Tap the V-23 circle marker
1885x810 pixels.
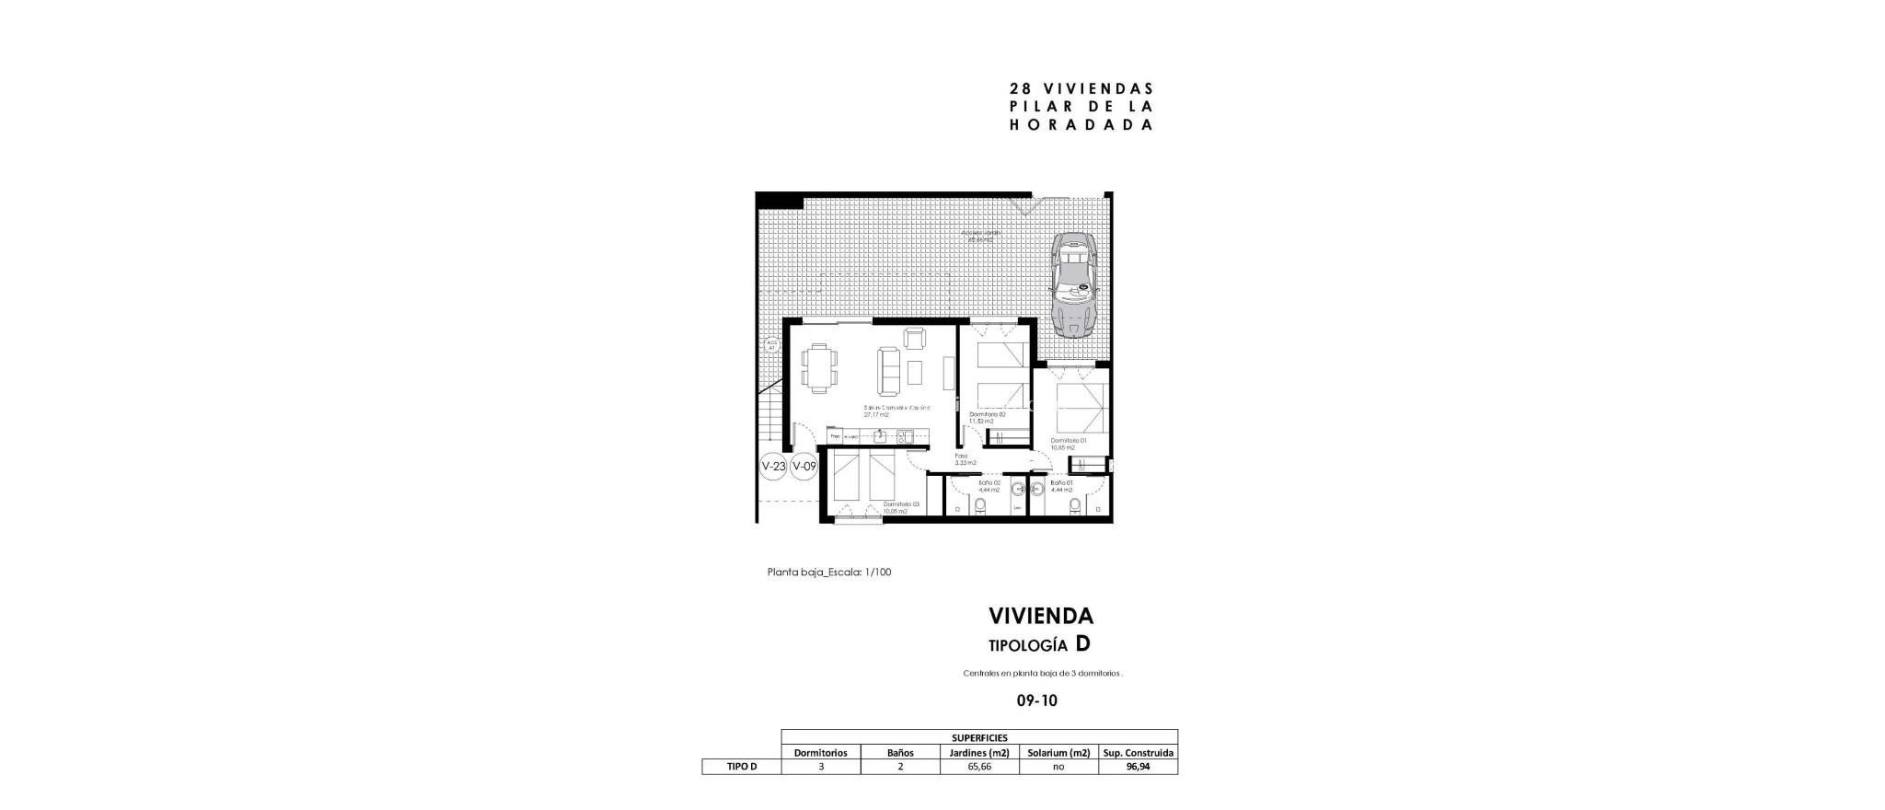click(773, 467)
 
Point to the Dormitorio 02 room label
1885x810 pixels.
click(987, 417)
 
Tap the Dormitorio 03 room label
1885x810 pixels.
click(900, 507)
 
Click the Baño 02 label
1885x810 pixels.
click(989, 486)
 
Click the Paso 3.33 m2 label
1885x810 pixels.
click(964, 458)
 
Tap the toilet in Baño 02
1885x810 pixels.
click(980, 505)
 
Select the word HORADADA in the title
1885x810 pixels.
click(1081, 125)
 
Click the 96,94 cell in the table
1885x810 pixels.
click(1138, 766)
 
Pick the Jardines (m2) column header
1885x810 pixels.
click(979, 753)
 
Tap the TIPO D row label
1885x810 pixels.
click(742, 766)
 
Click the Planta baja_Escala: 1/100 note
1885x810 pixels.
click(829, 572)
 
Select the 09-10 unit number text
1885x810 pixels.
click(1036, 700)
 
